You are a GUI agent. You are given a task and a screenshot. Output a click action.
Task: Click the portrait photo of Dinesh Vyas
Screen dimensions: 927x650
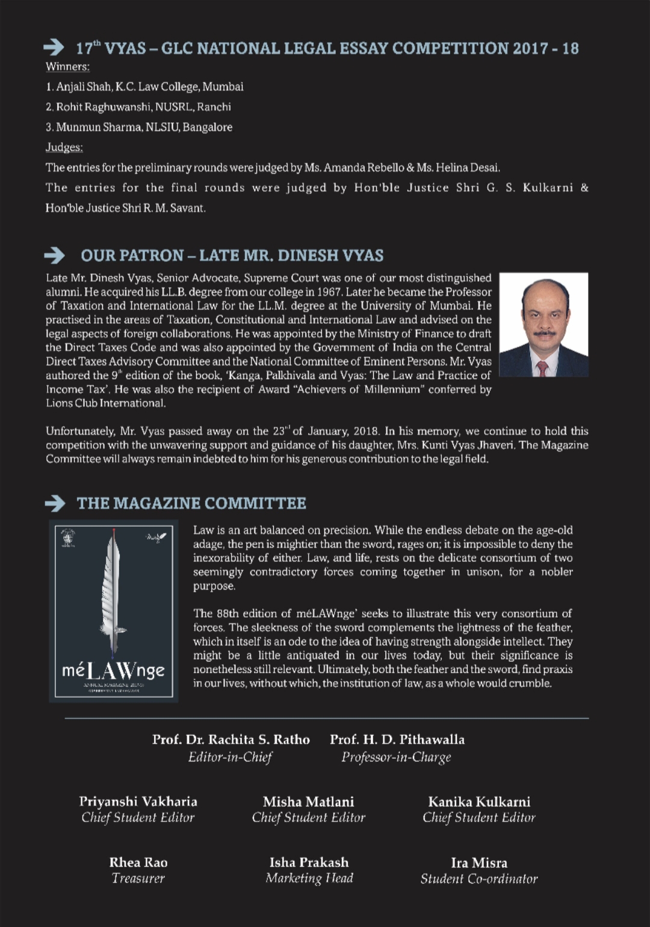tap(543, 324)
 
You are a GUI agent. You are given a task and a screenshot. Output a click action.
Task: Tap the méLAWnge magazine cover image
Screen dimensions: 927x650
tap(114, 611)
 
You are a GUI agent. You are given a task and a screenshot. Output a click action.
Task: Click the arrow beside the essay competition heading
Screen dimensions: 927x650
tap(54, 47)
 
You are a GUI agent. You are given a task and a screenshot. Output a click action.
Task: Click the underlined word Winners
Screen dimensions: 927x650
tap(67, 67)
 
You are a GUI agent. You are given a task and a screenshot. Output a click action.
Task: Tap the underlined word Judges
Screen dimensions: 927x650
tap(64, 147)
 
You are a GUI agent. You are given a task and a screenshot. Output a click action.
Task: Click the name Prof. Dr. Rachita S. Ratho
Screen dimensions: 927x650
tap(231, 740)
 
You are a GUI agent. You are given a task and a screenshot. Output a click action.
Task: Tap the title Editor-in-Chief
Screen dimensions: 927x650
tap(230, 757)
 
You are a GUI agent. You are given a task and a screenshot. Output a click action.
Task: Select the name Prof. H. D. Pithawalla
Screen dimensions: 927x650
tap(397, 740)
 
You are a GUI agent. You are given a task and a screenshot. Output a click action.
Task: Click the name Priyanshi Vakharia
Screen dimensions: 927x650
tap(138, 802)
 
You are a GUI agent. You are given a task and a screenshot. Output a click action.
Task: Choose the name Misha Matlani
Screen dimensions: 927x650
tap(309, 802)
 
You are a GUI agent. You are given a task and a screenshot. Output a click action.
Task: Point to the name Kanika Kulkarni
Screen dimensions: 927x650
tap(479, 802)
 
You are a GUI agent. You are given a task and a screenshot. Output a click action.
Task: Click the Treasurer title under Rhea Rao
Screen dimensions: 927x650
tap(138, 878)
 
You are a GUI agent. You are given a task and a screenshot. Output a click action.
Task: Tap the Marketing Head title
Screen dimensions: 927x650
tap(309, 878)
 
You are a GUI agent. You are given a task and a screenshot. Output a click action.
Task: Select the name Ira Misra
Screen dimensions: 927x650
tap(479, 863)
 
